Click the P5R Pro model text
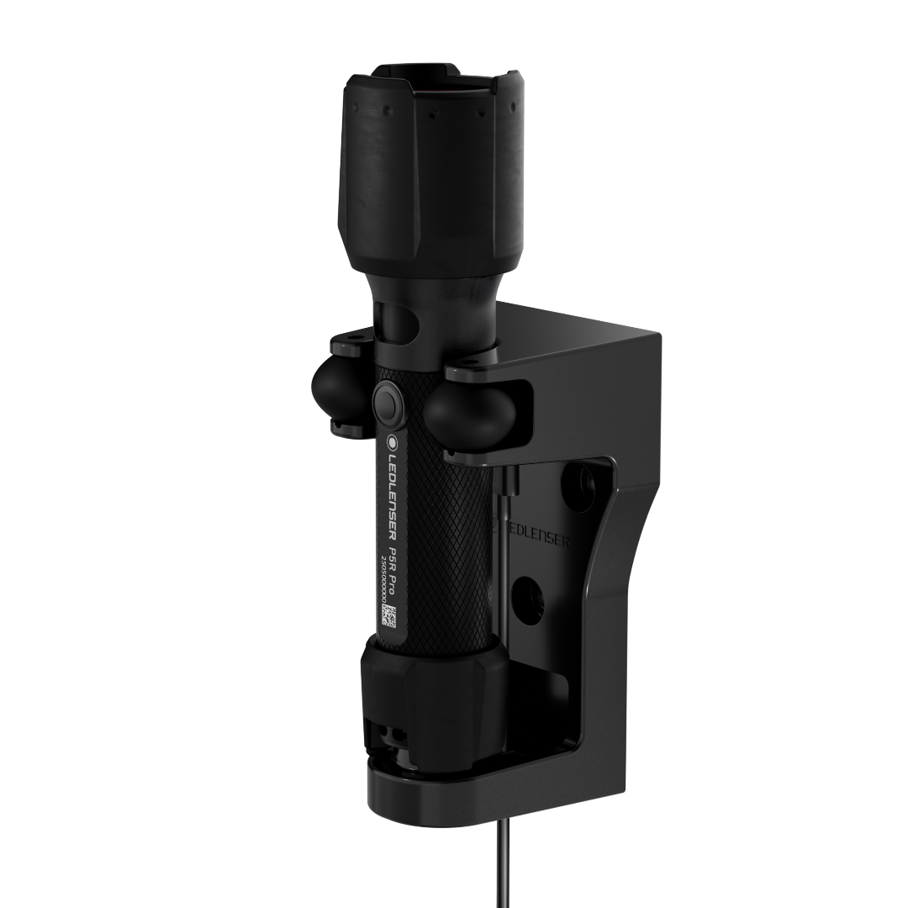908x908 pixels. coord(393,566)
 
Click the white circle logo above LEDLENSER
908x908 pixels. coord(393,439)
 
